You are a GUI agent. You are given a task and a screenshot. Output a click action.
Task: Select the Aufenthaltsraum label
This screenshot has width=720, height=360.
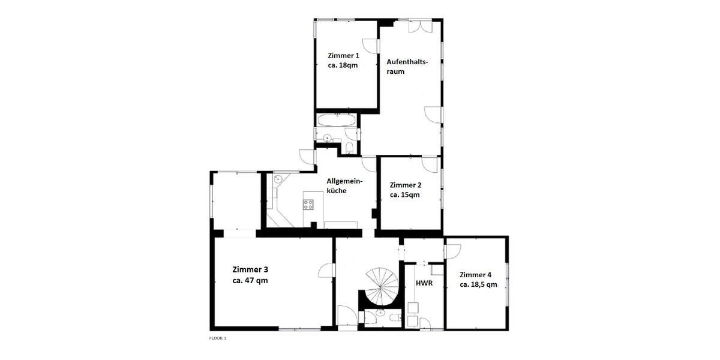pyautogui.click(x=407, y=66)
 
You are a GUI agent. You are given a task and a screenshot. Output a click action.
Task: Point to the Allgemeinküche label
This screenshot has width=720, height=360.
pyautogui.click(x=345, y=185)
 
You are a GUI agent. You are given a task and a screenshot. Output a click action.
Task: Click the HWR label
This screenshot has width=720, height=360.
pyautogui.click(x=424, y=283)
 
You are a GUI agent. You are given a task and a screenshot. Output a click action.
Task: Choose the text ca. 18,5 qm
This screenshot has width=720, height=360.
pyautogui.click(x=478, y=284)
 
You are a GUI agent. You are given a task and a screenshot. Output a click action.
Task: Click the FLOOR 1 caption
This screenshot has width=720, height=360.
pyautogui.click(x=218, y=338)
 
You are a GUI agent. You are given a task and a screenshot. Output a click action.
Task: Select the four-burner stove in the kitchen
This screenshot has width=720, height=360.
pyautogui.click(x=309, y=204)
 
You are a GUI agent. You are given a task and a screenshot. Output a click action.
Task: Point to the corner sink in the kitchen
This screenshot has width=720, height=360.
pyautogui.click(x=278, y=179)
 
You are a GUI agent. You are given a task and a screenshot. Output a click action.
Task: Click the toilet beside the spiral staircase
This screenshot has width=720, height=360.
pyautogui.click(x=394, y=317)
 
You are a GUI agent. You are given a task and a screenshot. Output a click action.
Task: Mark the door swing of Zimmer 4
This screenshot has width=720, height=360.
pyautogui.click(x=453, y=248)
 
